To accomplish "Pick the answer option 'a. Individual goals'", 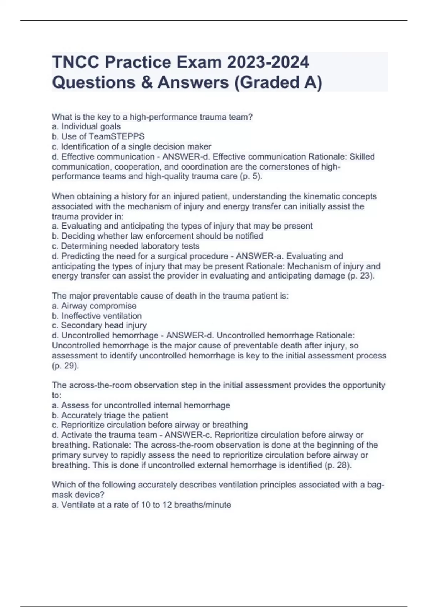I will (x=86, y=126).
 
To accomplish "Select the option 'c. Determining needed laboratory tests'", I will (x=126, y=246).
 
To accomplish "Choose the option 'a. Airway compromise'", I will (x=94, y=306).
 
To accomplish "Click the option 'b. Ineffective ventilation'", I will (x=97, y=316).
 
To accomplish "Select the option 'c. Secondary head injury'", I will (x=99, y=325).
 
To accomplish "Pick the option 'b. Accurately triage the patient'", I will (x=110, y=416).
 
